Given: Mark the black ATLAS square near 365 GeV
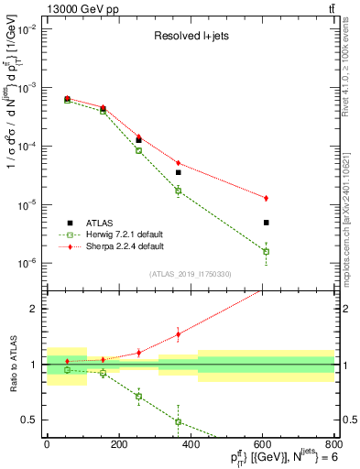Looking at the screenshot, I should pyautogui.click(x=178, y=172).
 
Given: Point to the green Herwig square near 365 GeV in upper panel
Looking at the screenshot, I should pyautogui.click(x=178, y=191).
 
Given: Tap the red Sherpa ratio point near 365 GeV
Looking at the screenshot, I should pyautogui.click(x=178, y=334).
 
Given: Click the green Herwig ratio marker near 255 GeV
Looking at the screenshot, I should pyautogui.click(x=138, y=397).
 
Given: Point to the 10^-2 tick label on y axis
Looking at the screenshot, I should pyautogui.click(x=28, y=29).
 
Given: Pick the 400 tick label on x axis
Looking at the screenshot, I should pyautogui.click(x=191, y=446).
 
